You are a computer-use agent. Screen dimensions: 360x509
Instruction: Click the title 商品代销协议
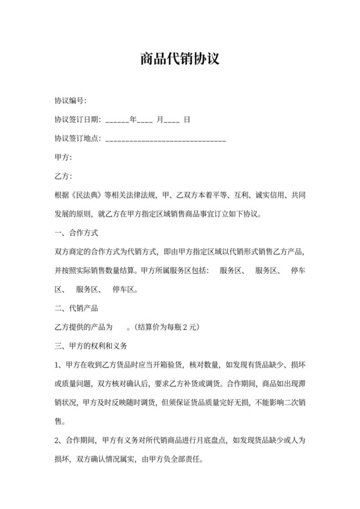(x=180, y=60)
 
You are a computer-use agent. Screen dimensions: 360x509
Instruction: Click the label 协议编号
(x=70, y=101)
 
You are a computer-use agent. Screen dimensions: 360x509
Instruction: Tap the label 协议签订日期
(x=78, y=120)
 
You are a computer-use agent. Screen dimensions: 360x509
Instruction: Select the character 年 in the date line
(x=133, y=120)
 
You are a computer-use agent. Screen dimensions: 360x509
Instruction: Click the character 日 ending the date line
(x=186, y=120)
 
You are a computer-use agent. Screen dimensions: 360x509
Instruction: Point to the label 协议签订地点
(x=78, y=138)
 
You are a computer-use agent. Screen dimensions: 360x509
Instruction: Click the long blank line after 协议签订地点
(x=165, y=139)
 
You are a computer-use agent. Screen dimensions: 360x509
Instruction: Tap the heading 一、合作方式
(x=76, y=232)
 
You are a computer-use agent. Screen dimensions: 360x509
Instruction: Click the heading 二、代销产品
(x=76, y=307)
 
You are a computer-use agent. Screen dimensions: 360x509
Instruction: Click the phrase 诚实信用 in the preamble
(x=270, y=195)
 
